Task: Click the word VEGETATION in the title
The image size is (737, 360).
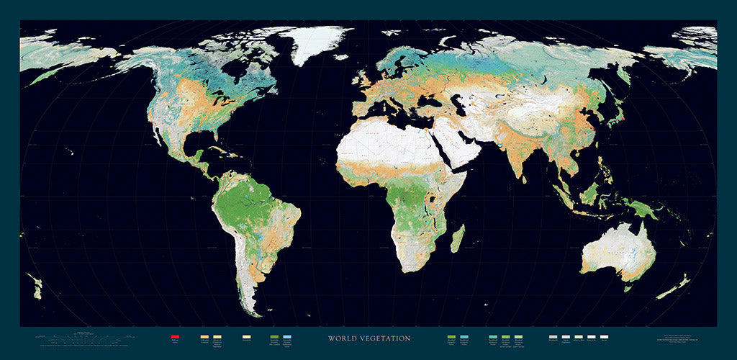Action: click(385, 338)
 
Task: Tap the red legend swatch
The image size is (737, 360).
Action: click(175, 336)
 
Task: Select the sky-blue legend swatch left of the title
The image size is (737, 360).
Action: click(288, 336)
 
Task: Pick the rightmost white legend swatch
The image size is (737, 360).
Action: click(604, 336)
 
